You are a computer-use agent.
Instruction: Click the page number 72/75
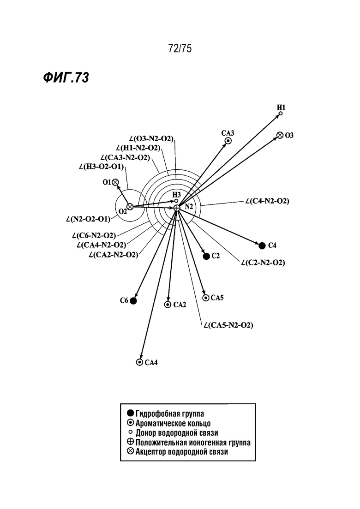pos(180,48)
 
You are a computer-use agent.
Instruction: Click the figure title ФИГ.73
pos(66,78)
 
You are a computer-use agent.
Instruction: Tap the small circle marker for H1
pos(281,114)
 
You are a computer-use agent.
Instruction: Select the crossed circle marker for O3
pos(280,135)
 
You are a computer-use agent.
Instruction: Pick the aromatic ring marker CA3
pos(228,141)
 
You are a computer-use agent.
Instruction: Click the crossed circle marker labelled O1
pos(115,182)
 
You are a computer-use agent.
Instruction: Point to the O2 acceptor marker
pos(130,207)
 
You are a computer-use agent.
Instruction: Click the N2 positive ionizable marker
pos(177,208)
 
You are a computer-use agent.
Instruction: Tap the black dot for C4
pos(262,246)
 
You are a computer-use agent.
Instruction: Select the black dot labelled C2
pos(206,257)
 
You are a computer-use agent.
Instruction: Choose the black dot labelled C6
pos(133,301)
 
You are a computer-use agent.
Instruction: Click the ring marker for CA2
pos(168,305)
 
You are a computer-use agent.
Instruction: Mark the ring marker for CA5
pos(206,298)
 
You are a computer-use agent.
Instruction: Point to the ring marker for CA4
pos(139,362)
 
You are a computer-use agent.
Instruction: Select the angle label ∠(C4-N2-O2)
pos(267,201)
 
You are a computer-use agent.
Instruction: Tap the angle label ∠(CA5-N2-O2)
pos(228,325)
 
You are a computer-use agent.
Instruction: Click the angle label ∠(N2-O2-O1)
pos(88,219)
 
